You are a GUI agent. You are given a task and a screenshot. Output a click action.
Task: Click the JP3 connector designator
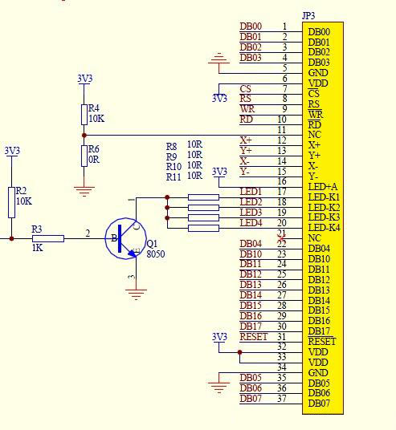coord(308,15)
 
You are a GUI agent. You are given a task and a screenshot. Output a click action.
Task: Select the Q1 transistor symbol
coord(126,238)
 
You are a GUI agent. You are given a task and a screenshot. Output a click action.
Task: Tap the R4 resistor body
coord(84,115)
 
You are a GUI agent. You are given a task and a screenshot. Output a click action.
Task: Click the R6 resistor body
coord(84,156)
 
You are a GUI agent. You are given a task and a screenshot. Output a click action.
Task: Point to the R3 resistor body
coord(48,238)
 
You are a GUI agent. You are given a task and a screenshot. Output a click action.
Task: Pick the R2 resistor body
coord(11,203)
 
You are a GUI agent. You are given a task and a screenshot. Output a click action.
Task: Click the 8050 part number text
coord(156,254)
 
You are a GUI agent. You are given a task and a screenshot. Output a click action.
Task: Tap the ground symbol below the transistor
coord(137,294)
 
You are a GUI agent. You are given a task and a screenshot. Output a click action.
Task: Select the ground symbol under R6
coord(84,192)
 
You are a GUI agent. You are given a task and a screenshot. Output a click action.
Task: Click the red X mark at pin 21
coord(282,238)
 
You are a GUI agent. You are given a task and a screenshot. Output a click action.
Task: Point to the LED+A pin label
coord(322,187)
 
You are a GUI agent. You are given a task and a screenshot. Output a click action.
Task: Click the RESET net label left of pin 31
coord(254,336)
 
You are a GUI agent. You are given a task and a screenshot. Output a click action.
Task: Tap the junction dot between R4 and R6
coord(84,136)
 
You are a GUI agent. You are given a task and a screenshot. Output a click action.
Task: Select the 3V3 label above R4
coord(85,79)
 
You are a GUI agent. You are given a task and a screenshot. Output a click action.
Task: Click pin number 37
coord(282,399)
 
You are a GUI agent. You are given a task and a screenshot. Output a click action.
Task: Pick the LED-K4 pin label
coord(324,228)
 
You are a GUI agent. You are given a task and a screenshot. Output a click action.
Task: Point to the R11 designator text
coord(174,176)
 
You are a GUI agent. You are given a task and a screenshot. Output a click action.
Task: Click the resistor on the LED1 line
coord(203,197)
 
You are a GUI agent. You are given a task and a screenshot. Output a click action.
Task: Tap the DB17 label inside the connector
coord(319,331)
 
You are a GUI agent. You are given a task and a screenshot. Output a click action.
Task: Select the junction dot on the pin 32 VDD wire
coord(239,352)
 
